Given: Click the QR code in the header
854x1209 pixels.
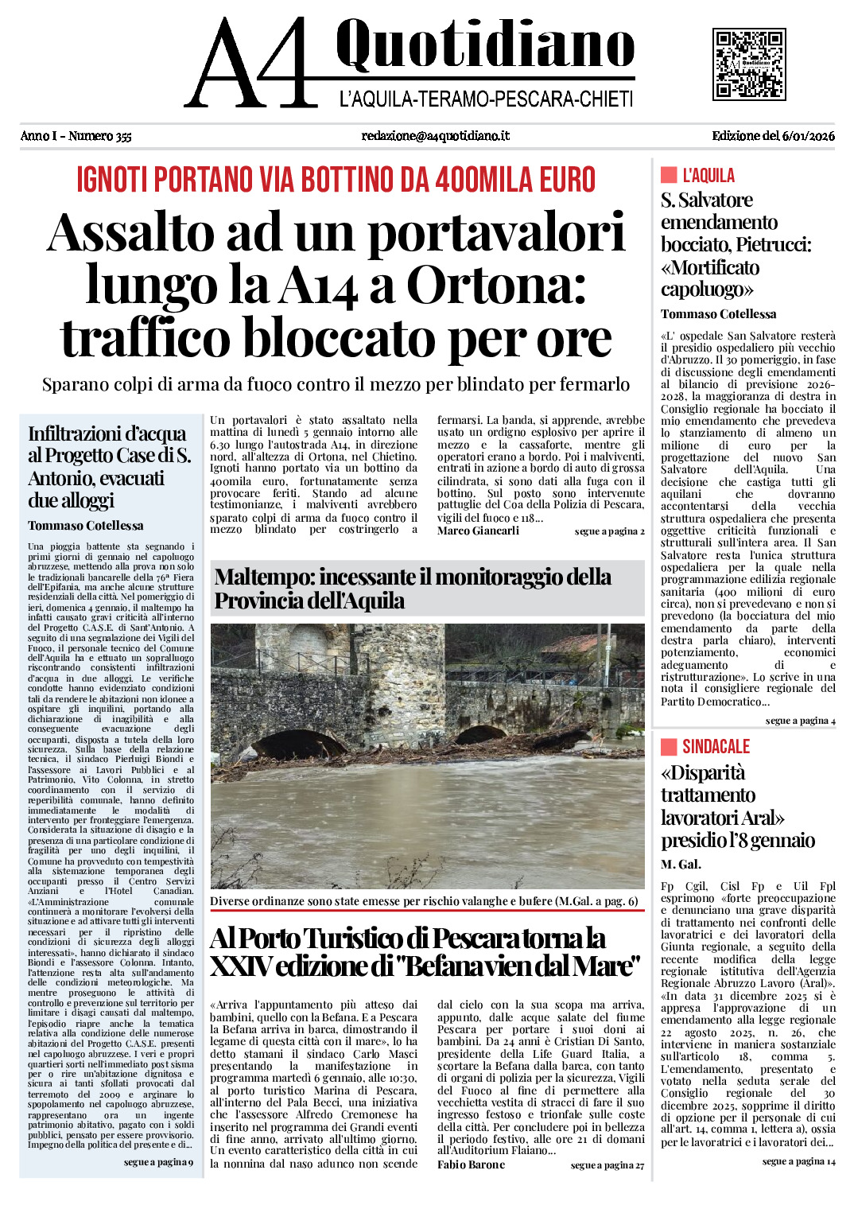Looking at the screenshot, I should tap(748, 64).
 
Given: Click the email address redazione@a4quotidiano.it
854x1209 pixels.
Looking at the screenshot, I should tap(435, 136).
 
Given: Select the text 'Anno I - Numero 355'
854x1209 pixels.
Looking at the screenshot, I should tap(76, 136).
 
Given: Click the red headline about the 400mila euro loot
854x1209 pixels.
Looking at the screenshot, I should tap(336, 180).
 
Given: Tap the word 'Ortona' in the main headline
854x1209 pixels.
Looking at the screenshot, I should tap(496, 285).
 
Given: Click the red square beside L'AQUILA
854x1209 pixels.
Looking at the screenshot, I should tap(669, 175).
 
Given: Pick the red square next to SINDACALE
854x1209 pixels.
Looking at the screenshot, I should tap(669, 746).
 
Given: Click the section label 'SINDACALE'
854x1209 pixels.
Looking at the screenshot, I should tap(716, 746).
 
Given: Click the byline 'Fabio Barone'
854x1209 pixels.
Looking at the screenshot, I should tap(471, 1164).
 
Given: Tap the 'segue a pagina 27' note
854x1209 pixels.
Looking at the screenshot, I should tap(608, 1165).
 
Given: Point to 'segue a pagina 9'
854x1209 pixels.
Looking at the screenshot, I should tap(158, 1162).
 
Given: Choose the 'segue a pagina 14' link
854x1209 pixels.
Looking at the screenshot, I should tap(798, 1161).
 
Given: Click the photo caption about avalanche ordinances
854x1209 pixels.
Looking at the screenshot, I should tap(424, 901).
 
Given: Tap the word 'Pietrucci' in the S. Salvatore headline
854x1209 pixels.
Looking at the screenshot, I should tap(772, 245).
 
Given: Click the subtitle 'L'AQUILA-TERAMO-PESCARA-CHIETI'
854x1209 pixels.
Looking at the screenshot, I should tap(486, 99).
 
